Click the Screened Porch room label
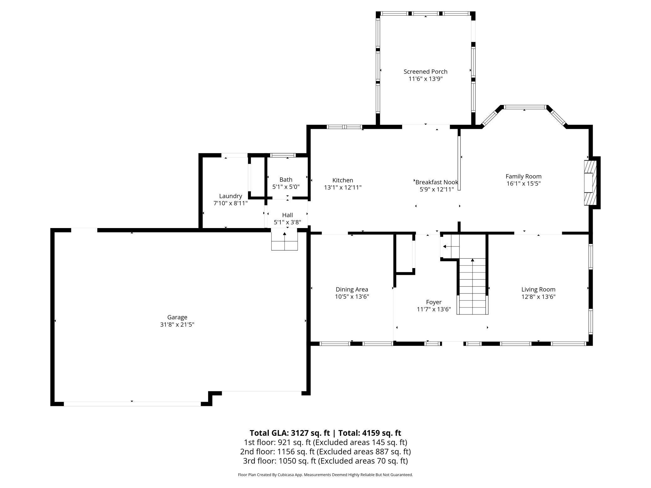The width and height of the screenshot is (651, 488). [425, 72]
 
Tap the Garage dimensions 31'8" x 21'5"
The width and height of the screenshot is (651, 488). [177, 324]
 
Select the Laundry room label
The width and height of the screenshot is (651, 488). [231, 196]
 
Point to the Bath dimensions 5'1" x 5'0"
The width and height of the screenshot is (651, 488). [286, 187]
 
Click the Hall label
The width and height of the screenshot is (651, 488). [287, 215]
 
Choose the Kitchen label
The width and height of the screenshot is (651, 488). [343, 180]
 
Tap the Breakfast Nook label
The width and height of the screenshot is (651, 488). [437, 182]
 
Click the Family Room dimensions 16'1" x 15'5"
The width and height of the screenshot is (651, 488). [524, 183]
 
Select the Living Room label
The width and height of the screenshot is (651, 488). [538, 290]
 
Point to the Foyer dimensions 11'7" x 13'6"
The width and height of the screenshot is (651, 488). [434, 309]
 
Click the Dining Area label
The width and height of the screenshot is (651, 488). [352, 289]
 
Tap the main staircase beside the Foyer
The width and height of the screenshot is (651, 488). [472, 286]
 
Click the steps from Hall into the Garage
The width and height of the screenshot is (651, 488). [284, 240]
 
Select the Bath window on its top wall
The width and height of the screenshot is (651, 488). [283, 155]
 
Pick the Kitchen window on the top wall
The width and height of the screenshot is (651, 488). [344, 127]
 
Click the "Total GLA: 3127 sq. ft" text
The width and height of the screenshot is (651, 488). [290, 433]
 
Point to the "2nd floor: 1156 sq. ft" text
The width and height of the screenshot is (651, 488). [277, 452]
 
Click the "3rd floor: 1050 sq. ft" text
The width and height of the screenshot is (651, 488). [279, 461]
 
